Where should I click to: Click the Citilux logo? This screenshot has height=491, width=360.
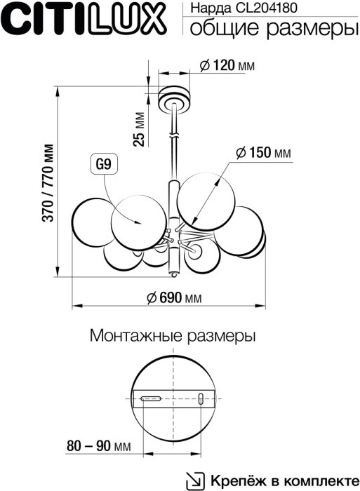click(84, 20)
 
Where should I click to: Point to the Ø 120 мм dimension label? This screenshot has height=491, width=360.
click(226, 66)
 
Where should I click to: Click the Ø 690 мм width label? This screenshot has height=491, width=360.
click(175, 297)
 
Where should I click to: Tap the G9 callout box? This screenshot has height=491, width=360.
click(102, 166)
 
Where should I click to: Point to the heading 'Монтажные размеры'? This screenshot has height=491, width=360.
click(173, 335)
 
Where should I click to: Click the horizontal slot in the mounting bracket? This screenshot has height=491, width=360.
click(152, 398)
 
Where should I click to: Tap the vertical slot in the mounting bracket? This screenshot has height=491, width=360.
click(201, 399)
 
